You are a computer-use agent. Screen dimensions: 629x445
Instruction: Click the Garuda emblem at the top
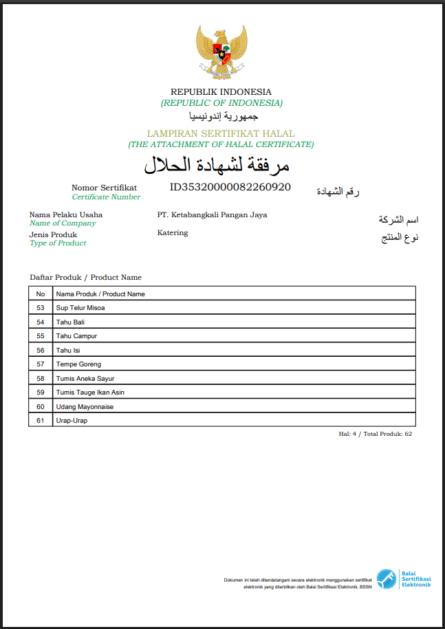click(221, 54)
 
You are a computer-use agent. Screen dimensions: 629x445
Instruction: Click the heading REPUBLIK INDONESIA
click(221, 91)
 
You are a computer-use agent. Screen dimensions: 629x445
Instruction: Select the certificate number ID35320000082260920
click(230, 187)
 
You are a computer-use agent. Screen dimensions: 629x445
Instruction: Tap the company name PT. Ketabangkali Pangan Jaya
click(212, 214)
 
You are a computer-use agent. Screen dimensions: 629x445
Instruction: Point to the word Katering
click(173, 232)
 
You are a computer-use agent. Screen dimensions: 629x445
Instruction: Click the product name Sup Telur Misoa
click(80, 308)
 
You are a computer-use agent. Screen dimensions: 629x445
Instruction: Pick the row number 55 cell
click(41, 336)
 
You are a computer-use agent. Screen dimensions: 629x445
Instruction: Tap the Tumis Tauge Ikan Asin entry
click(90, 393)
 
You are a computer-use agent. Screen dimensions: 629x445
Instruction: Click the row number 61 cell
click(41, 421)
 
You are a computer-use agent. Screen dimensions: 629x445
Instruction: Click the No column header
click(41, 294)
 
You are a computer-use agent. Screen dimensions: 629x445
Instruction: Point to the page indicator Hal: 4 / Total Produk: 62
click(375, 434)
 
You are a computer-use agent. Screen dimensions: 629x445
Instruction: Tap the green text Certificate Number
click(106, 197)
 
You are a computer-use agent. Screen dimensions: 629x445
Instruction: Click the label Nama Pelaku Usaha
click(66, 214)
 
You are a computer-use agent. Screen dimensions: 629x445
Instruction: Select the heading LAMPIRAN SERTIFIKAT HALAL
click(221, 133)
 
